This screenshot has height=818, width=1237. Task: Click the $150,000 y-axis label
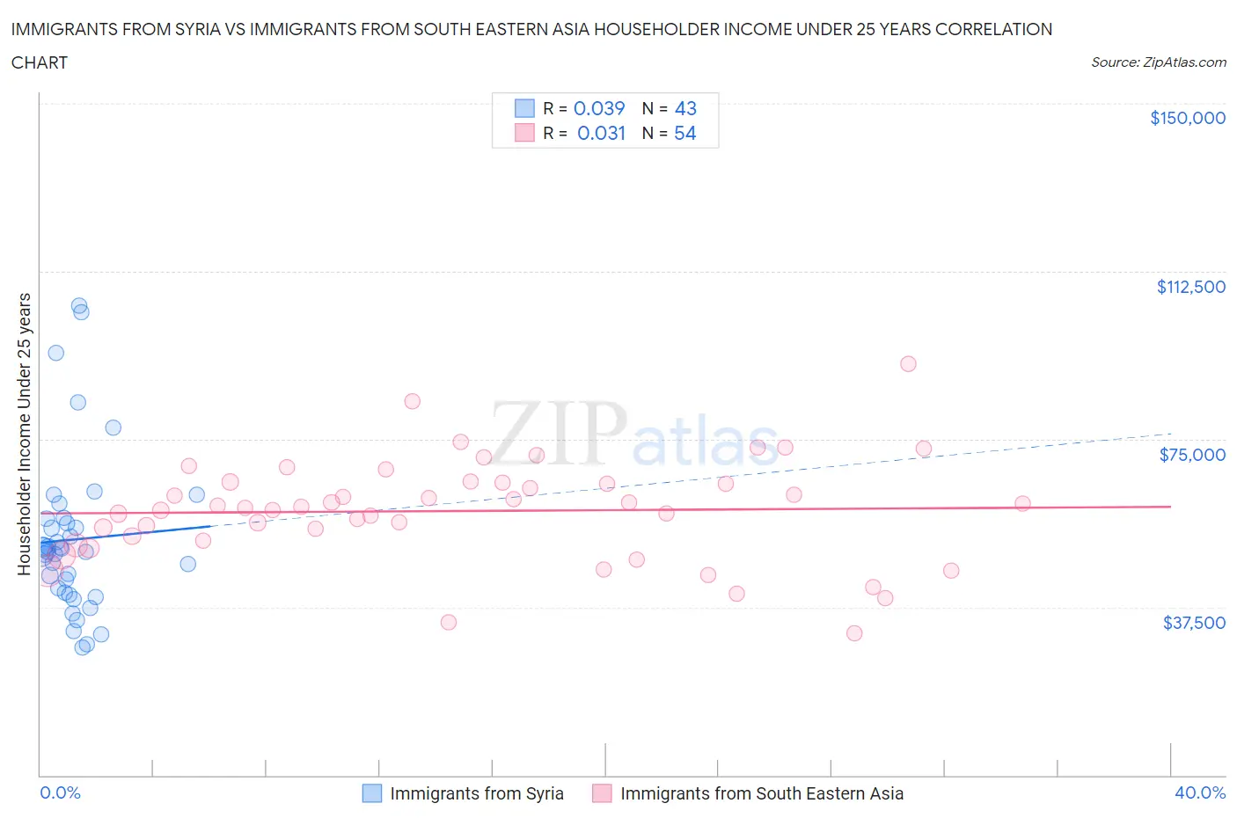[x=1187, y=119]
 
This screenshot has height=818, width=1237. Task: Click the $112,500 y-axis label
[x=1190, y=287]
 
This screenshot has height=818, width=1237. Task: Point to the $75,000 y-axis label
[x=1192, y=455]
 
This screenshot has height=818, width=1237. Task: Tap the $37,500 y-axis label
[x=1193, y=623]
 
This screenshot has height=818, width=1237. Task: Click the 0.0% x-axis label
[x=60, y=792]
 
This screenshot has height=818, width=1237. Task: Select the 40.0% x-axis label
[x=1199, y=792]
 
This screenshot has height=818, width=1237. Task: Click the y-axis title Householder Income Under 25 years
[x=24, y=434]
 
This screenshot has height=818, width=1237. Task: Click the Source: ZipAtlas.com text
[x=1158, y=62]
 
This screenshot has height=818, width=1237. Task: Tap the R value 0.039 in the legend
[x=599, y=108]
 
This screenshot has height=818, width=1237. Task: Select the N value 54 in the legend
[x=684, y=133]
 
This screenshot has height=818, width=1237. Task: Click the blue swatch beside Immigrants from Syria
[x=372, y=793]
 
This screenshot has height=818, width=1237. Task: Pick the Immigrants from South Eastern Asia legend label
[x=761, y=793]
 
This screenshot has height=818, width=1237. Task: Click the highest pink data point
[x=908, y=364]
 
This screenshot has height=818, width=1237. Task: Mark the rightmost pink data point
[x=1022, y=504]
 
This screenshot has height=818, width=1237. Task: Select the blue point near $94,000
[x=55, y=353]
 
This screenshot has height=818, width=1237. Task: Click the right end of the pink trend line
[x=1170, y=507]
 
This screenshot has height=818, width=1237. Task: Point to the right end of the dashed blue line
[x=1170, y=434]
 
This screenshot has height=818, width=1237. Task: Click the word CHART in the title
[x=40, y=62]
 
